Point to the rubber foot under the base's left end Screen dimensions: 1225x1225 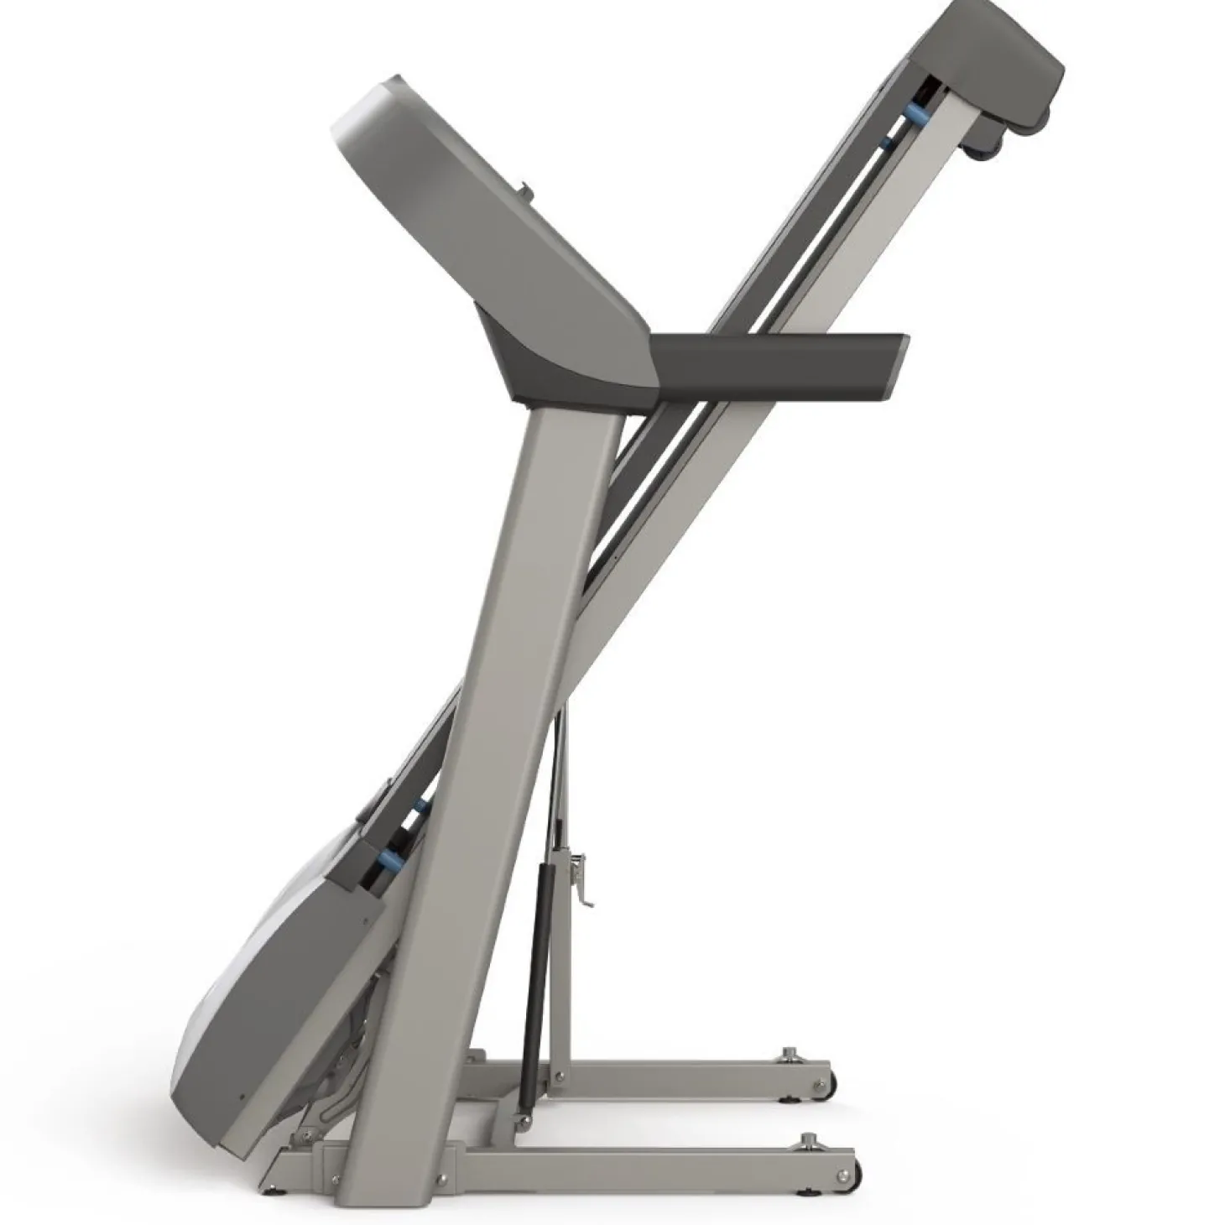(267, 1189)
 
